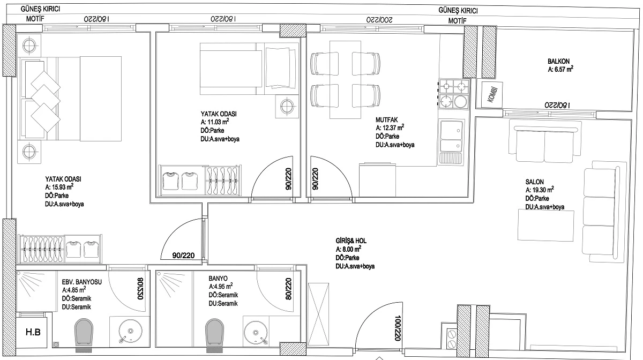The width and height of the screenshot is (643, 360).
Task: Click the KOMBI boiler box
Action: tap(489, 94)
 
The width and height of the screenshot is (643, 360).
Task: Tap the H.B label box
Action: tap(33, 333)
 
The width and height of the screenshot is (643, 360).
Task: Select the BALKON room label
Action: tap(558, 62)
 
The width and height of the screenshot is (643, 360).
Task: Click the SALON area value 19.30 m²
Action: tap(540, 190)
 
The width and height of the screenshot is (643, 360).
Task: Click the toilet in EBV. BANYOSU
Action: tap(84, 334)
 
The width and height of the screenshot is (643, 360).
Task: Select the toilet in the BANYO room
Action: tap(215, 334)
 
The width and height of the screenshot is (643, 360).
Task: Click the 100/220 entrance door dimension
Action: tap(398, 328)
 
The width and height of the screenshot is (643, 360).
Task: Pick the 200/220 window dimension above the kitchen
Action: tap(379, 20)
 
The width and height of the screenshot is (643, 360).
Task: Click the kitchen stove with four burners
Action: tap(454, 94)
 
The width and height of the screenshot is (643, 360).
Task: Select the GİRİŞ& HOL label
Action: tap(351, 241)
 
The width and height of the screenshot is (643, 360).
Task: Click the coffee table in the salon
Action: tap(546, 225)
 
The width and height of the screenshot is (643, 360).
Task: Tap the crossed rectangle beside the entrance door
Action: tap(318, 314)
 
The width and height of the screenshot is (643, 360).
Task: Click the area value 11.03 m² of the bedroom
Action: tap(215, 122)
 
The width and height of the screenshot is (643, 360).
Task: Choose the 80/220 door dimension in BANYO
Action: tap(288, 289)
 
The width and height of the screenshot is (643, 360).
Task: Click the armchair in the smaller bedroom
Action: tap(280, 67)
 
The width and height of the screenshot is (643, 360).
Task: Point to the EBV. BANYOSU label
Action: tap(82, 282)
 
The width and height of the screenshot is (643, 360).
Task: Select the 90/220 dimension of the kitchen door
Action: tap(315, 178)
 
